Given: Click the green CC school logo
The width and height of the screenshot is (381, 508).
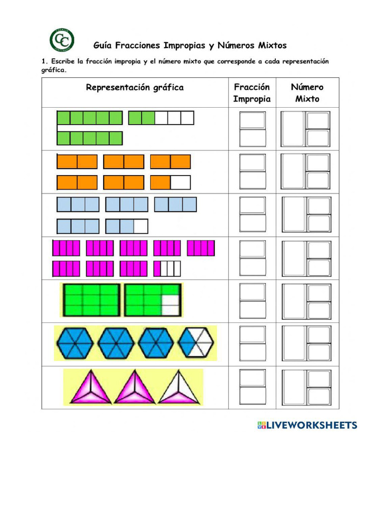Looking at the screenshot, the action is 62,40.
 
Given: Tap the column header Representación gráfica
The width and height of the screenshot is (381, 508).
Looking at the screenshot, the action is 135,88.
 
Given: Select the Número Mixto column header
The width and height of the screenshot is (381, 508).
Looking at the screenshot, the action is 307,93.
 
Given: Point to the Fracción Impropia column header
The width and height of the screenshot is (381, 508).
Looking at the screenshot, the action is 252,93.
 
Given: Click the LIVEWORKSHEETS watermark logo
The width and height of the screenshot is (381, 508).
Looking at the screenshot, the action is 307,425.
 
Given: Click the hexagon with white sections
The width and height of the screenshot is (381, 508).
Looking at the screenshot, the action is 196,343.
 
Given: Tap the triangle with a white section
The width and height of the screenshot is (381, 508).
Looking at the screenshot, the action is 179,387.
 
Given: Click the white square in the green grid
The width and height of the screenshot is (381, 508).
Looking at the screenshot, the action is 171,305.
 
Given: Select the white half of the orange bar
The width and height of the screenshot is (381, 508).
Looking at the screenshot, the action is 181,183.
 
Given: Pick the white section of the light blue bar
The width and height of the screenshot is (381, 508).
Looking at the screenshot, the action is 141,226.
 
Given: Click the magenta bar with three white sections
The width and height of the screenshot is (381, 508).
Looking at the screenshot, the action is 167,268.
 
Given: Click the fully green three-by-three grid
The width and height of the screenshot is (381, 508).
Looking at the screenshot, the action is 91,300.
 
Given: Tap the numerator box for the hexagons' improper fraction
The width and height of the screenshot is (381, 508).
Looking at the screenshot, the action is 253,335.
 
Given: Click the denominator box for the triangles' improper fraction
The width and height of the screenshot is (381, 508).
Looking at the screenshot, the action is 253,395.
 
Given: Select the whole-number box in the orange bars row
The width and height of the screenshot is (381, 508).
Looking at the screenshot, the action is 293,171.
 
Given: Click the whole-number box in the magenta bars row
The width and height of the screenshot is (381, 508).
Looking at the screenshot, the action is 294,258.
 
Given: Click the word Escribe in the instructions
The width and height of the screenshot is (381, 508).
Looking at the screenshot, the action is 63,61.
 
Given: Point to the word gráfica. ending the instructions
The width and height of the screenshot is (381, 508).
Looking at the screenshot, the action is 54,70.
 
